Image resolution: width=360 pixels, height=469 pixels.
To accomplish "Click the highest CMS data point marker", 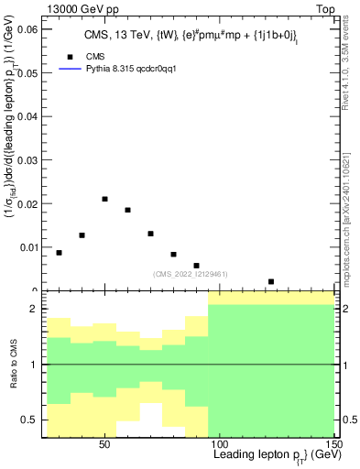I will tap(105, 199).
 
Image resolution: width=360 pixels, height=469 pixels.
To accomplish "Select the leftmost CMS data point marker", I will tap(60, 253).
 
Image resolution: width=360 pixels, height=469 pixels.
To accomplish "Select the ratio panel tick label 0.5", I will tap(28, 420).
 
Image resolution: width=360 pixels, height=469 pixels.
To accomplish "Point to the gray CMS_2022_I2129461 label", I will tap(190, 273).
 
